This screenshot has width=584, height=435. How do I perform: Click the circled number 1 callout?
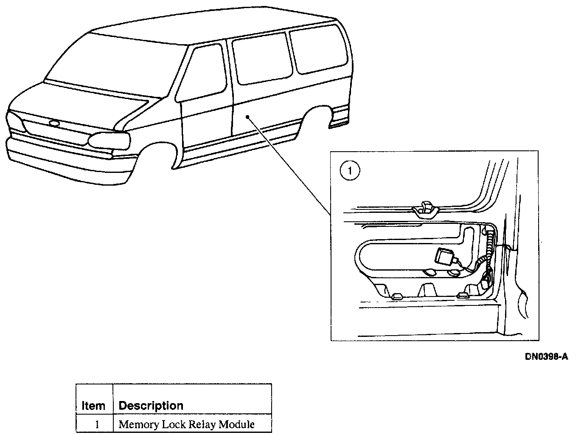coord(350,171)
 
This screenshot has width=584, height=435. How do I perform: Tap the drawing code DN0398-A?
coord(546,357)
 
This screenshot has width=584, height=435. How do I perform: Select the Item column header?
coord(93,406)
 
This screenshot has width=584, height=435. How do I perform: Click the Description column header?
coord(151,406)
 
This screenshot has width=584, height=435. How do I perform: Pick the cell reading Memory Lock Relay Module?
coord(187,424)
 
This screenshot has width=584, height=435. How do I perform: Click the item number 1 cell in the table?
coord(97,424)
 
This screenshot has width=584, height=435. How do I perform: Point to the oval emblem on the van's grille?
coord(55,124)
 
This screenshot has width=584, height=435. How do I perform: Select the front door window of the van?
coord(204,72)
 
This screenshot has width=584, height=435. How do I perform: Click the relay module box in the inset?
coord(443,257)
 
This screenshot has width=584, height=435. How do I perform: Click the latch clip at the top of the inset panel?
coord(425,209)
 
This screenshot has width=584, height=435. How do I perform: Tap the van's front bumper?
coord(59,159)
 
